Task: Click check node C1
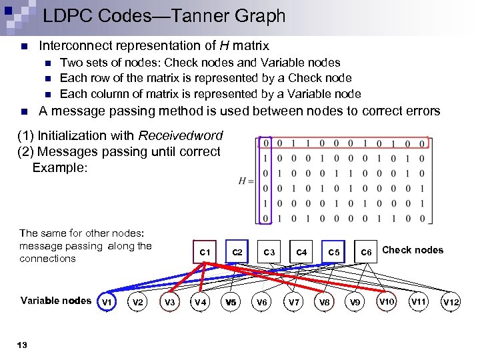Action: tap(205, 252)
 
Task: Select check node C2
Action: tap(237, 252)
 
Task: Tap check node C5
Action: tap(334, 252)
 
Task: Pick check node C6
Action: tap(366, 252)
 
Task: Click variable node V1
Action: tap(105, 302)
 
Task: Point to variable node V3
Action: tap(170, 302)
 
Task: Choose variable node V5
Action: tap(231, 302)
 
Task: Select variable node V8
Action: tap(325, 302)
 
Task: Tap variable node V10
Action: tap(387, 302)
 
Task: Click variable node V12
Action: tap(451, 303)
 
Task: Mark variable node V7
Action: tap(294, 302)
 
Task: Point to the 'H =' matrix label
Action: tap(246, 181)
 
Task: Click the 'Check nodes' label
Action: tap(413, 250)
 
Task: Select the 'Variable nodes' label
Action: tap(56, 301)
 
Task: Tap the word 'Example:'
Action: tap(60, 167)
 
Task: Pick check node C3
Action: tap(269, 252)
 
